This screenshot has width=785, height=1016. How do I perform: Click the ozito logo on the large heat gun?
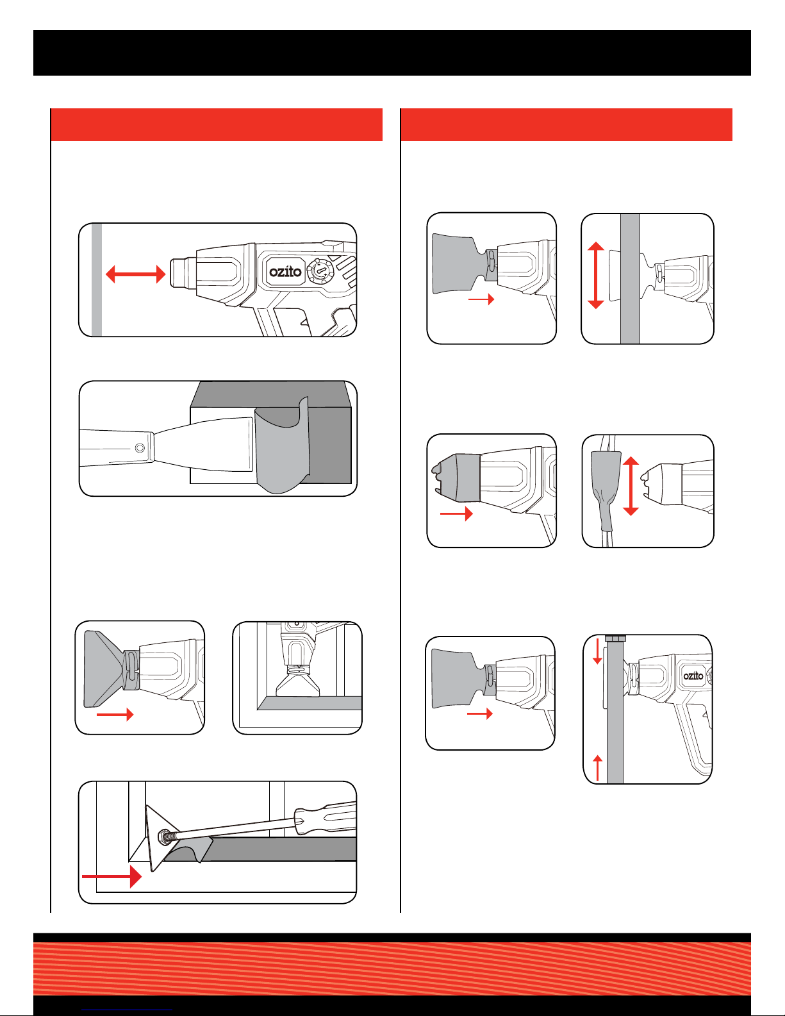coord(285,272)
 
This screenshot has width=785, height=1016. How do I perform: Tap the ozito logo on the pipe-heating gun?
coord(693,676)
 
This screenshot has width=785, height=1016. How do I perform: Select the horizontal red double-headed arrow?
coord(135,274)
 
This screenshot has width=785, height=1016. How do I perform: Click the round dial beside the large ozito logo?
coord(320,271)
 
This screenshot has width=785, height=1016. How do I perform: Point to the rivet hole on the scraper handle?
coord(140,448)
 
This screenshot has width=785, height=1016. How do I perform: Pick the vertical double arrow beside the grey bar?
coord(596,275)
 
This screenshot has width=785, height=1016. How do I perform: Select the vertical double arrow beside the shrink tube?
coord(631,487)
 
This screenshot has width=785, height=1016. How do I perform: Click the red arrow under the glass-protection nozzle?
coord(115,715)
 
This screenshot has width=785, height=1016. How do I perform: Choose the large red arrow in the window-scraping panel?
coord(112,876)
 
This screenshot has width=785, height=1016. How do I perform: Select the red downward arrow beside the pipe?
coord(597,651)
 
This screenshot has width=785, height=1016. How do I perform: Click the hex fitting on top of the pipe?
coord(615,638)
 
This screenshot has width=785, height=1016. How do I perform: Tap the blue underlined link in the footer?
coord(127,1010)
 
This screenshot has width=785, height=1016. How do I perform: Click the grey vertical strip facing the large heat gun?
coord(97,279)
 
